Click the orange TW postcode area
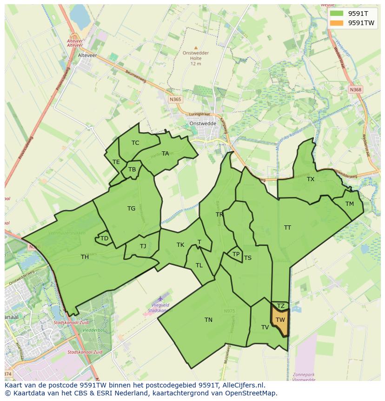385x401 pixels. (x=280, y=321)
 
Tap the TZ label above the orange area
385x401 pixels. (x=280, y=306)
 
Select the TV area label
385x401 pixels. (x=265, y=327)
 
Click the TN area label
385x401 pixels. (x=208, y=319)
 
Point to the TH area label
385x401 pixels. (x=85, y=257)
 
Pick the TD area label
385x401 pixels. (x=104, y=238)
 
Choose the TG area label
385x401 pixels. (x=131, y=209)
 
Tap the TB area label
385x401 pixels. (x=132, y=170)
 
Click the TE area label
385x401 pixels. (x=116, y=162)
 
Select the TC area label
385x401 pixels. (x=135, y=143)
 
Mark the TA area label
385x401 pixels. (x=166, y=153)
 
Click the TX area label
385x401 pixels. (x=311, y=179)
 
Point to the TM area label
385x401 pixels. (x=350, y=204)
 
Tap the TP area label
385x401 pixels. (x=236, y=254)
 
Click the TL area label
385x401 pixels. (x=199, y=265)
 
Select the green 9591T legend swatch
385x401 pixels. (x=337, y=14)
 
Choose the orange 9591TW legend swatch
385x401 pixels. (x=337, y=23)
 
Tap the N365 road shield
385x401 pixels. (x=175, y=99)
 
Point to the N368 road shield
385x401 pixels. (x=356, y=89)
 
